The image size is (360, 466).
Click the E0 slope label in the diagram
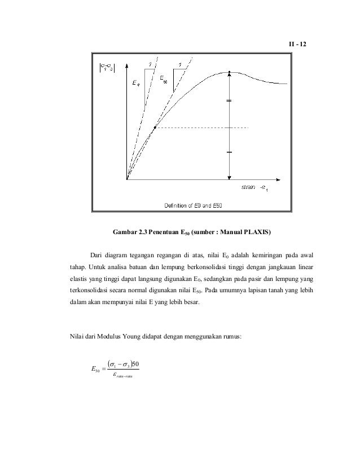[x=135, y=84]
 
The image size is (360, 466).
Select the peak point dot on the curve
[x=230, y=72]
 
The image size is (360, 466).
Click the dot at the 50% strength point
[x=154, y=128]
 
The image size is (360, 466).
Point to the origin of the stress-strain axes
[x=127, y=180]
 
